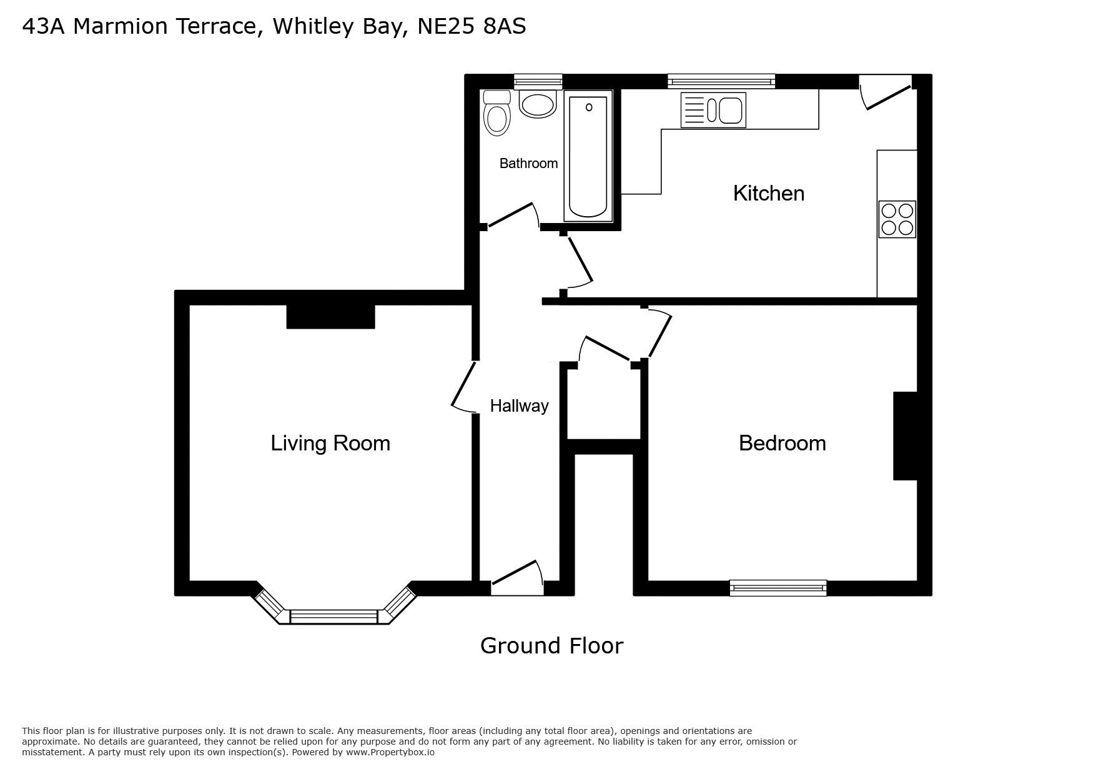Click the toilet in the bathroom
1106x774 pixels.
[x=497, y=113]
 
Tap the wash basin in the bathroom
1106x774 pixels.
[x=538, y=104]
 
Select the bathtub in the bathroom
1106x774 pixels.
[x=588, y=156]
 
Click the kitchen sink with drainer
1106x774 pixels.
[x=713, y=111]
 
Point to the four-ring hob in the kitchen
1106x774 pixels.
[x=897, y=219]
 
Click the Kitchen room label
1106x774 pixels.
[x=769, y=193]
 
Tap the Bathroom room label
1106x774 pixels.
[x=528, y=164]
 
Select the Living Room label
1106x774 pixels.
[x=330, y=443]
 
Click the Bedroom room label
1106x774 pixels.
[x=783, y=443]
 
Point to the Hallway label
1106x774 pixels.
[x=519, y=406]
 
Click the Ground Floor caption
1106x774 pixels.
[x=552, y=645]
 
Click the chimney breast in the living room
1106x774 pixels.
[x=330, y=317]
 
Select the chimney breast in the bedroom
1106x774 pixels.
[x=905, y=436]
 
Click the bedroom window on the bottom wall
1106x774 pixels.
[x=778, y=588]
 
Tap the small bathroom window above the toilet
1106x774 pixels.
[x=538, y=81]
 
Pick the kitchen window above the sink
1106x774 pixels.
[x=721, y=81]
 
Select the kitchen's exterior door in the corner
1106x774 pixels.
[x=886, y=94]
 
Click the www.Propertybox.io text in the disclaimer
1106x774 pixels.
[x=390, y=752]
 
